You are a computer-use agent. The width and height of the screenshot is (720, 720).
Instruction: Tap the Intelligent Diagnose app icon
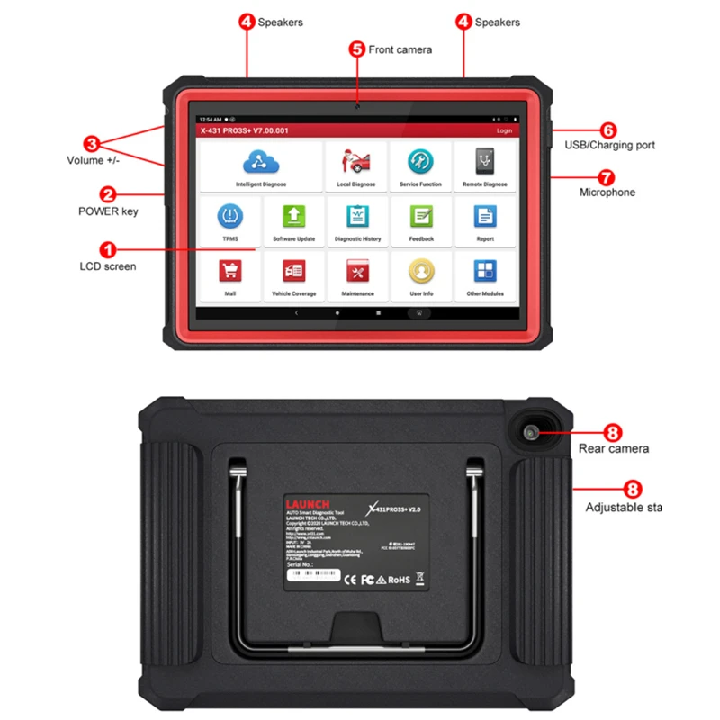click(261, 161)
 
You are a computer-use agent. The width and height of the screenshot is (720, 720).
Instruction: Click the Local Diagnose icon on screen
click(356, 161)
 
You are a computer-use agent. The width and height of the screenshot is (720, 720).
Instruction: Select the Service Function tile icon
click(420, 161)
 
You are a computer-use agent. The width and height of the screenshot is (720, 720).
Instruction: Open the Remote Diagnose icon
click(485, 161)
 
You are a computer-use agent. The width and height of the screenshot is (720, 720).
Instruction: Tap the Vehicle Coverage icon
click(294, 271)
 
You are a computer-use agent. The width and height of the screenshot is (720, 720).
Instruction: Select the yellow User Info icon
click(420, 271)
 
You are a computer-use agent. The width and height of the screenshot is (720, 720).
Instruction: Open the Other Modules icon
click(485, 271)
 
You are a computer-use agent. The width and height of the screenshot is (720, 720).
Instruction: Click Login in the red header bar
click(504, 130)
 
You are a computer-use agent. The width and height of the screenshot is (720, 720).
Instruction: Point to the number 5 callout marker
click(357, 49)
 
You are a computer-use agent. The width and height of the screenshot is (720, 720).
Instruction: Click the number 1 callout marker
click(107, 247)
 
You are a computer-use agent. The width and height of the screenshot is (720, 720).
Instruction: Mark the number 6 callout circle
click(607, 130)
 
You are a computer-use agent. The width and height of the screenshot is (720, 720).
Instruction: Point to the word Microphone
click(607, 192)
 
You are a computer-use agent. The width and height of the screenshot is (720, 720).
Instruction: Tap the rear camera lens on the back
click(531, 434)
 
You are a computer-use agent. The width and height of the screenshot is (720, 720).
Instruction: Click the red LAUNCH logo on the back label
click(308, 503)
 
